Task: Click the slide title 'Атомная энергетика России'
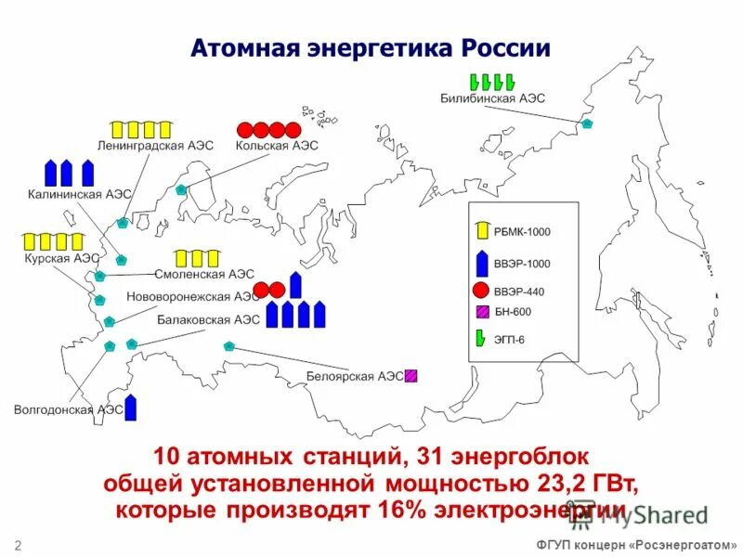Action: [x=371, y=48]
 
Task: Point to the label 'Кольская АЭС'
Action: [x=277, y=146]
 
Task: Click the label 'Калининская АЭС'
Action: [x=79, y=194]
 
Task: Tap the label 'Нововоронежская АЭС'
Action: [x=193, y=297]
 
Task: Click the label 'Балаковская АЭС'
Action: [x=208, y=319]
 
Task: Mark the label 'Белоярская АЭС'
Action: [x=356, y=376]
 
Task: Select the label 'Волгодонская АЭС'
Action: [x=69, y=408]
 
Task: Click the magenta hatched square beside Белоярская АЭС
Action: [x=411, y=376]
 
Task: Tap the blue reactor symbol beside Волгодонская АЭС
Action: [x=131, y=407]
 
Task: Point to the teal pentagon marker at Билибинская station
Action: [x=586, y=123]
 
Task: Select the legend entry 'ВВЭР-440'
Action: [x=519, y=291]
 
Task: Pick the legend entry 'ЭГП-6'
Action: [x=509, y=340]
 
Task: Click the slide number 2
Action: [x=18, y=543]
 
